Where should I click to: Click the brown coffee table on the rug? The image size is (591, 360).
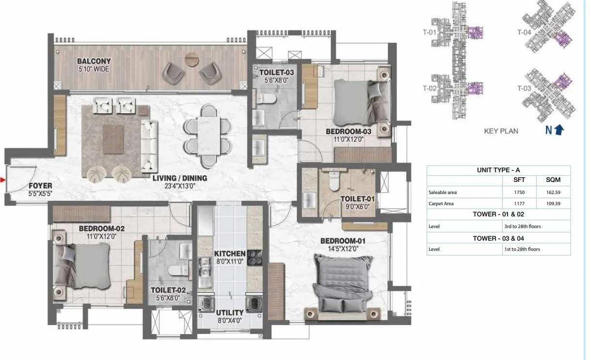pyautogui.click(x=113, y=138)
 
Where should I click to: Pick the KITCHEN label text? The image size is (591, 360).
pyautogui.click(x=229, y=254)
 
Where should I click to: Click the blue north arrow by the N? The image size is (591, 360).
pyautogui.click(x=559, y=130)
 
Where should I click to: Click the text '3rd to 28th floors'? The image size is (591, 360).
pyautogui.click(x=522, y=226)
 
